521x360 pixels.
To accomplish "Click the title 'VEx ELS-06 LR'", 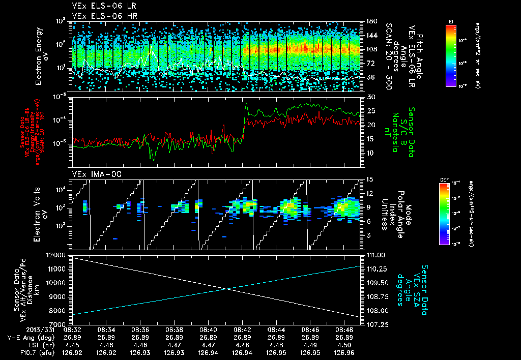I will coord(100,6).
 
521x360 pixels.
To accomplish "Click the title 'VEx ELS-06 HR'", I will coord(100,16).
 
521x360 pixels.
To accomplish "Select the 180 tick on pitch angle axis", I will coord(370,21).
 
